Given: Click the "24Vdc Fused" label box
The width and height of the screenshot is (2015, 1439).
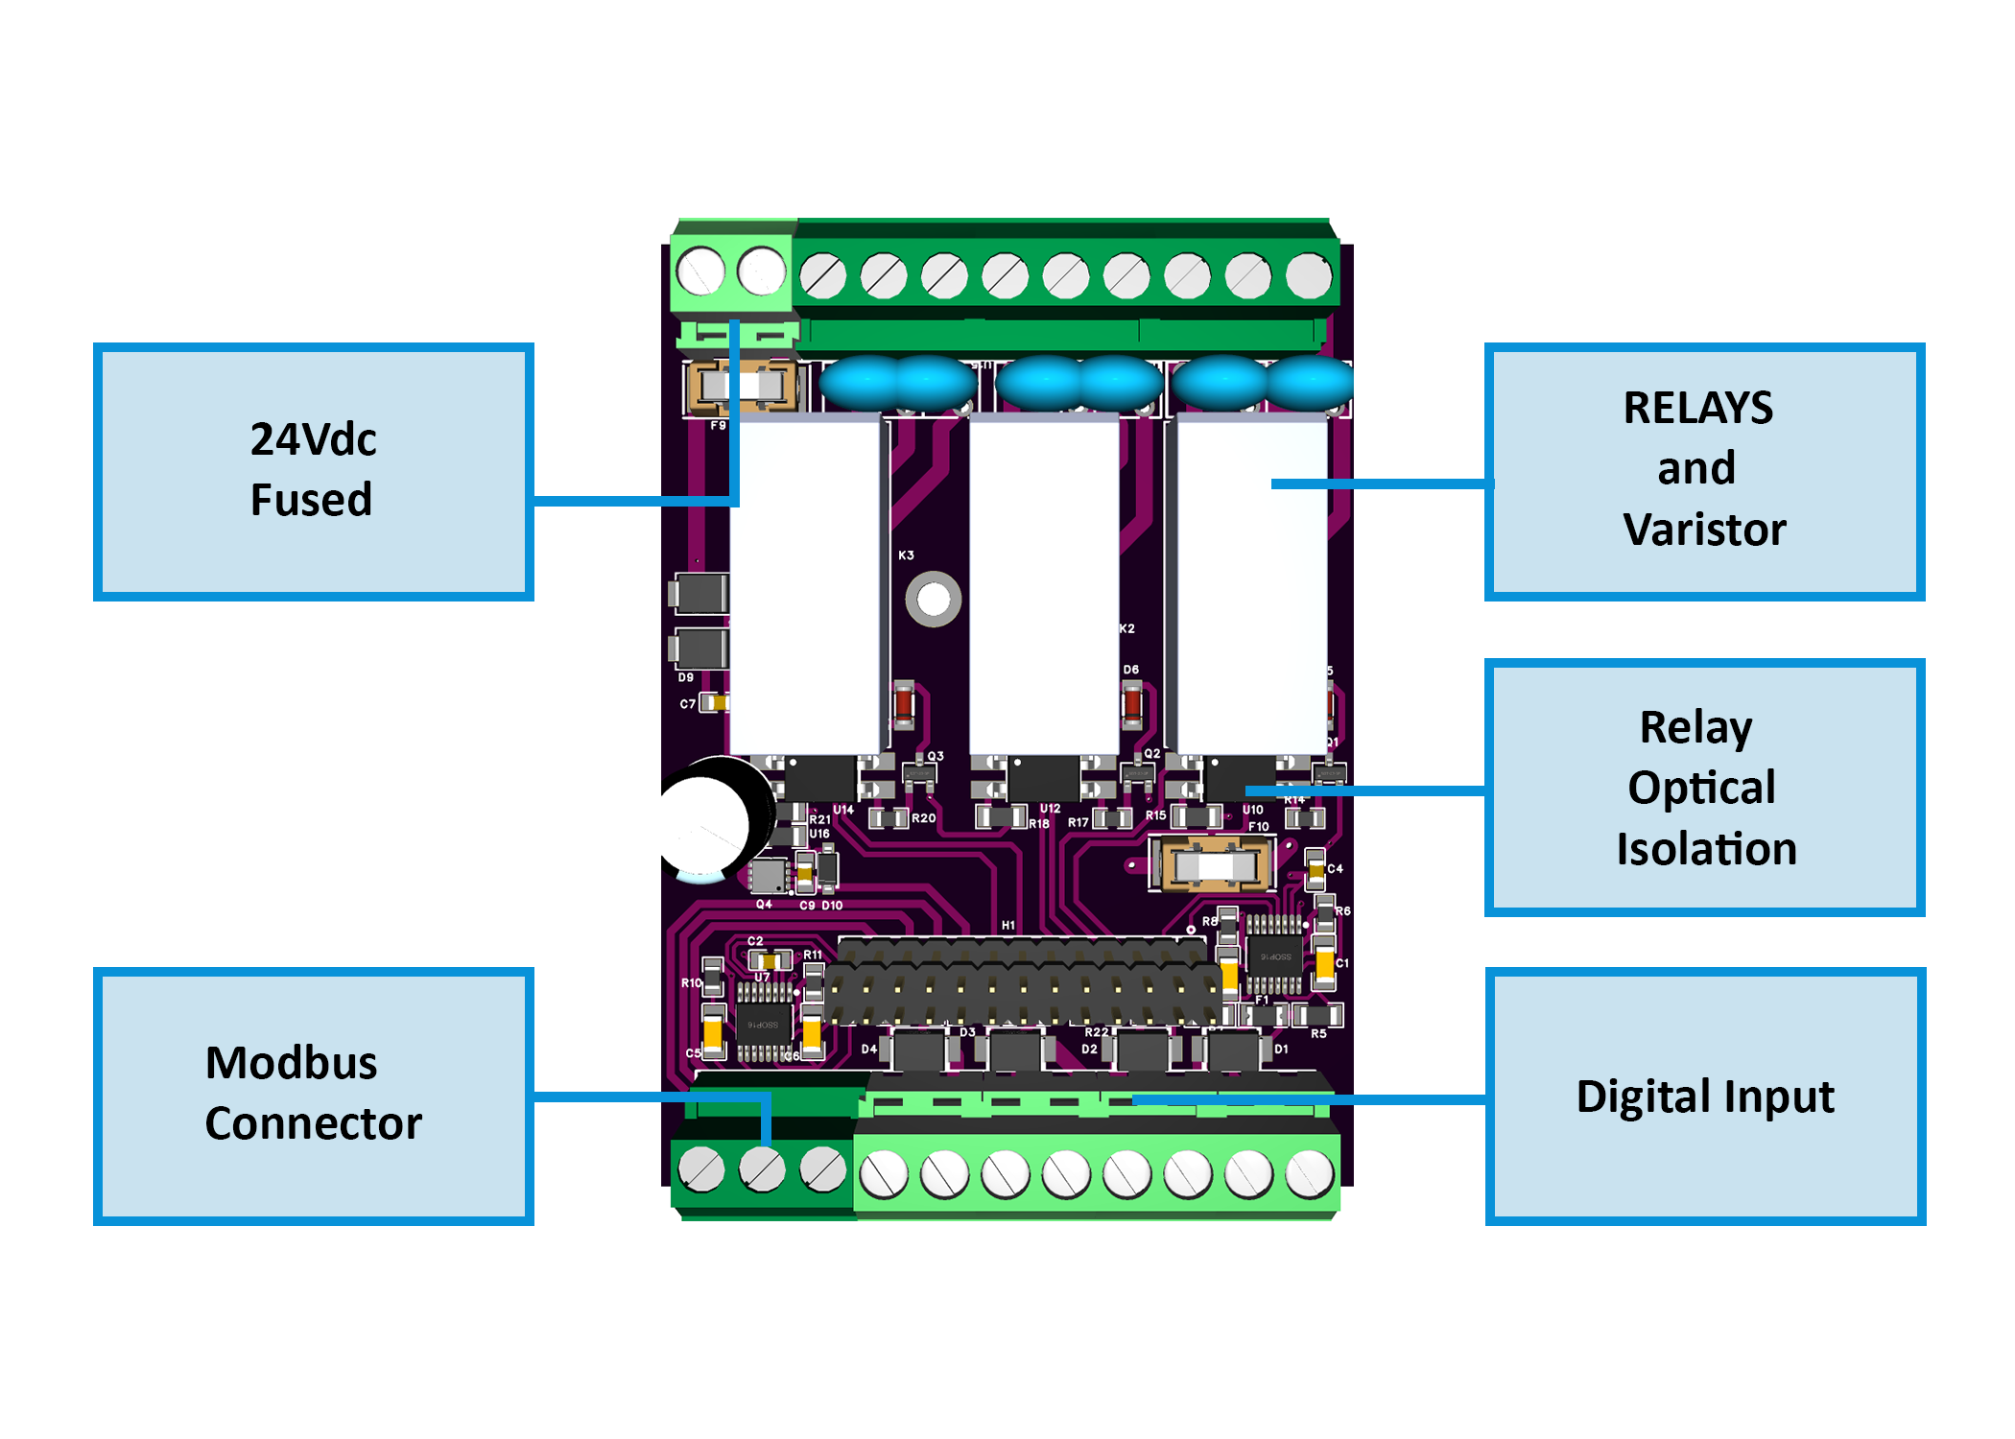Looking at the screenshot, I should pos(313,470).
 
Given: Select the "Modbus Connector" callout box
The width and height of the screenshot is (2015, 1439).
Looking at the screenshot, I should pos(313,1095).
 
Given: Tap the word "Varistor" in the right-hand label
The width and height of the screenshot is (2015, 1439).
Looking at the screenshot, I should pos(1704,530).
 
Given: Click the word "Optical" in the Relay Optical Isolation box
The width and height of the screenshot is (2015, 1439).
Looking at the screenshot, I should pos(1701,788).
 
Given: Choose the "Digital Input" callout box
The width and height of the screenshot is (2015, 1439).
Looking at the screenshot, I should pos(1704,1096).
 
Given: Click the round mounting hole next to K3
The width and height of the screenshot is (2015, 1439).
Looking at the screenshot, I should pos(933,600).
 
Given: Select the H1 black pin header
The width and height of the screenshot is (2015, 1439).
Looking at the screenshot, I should pos(1022,980).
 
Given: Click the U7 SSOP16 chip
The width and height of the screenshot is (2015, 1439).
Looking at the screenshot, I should pos(764,1023).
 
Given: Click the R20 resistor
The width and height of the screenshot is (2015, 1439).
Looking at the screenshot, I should pos(889,818).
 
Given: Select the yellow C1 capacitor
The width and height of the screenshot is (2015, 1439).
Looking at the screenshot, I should pos(1324,965).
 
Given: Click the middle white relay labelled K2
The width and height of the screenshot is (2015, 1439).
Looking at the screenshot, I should pos(1044,585).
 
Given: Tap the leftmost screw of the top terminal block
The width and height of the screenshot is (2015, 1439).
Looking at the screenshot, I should pos(700,271).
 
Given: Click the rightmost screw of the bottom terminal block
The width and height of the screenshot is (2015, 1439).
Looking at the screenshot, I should pos(1309,1174).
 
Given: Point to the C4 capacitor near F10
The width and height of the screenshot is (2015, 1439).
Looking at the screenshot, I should pos(1315,869).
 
